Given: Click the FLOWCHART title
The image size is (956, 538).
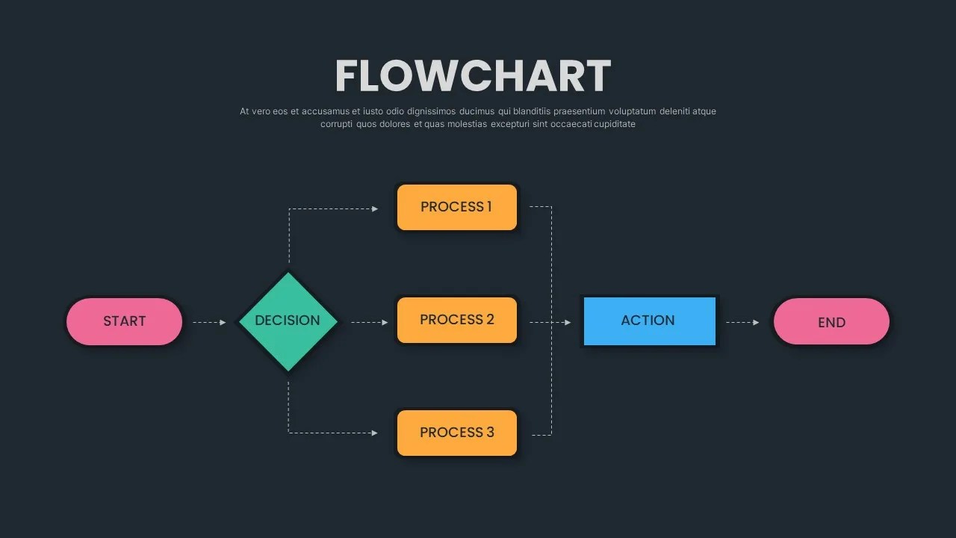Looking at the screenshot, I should [473, 75].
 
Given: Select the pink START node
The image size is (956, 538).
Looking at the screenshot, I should [124, 321].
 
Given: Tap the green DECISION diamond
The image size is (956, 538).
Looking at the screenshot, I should [288, 321].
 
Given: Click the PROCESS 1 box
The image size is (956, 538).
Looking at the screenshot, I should [456, 207].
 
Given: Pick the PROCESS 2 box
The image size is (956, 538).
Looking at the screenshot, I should [456, 320].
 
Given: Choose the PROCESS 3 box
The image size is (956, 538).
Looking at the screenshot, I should [456, 433].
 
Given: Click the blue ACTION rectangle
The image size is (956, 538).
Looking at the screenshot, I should [648, 321].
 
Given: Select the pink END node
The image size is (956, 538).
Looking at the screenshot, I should [831, 322].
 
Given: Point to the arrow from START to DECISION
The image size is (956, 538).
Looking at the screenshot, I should [209, 322].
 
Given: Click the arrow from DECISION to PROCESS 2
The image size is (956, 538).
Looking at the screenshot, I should [369, 322].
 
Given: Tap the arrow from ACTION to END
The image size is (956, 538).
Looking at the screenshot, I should [742, 322].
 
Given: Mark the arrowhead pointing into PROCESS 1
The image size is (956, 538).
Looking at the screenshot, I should [376, 208].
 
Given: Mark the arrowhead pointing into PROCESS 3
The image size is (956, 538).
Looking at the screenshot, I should [376, 433].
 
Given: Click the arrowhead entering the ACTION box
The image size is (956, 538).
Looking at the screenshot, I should [568, 322].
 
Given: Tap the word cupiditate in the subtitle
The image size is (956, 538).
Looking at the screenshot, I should [615, 124].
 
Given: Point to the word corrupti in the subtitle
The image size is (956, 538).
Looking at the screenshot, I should [336, 124].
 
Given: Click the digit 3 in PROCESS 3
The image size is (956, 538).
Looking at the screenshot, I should [490, 432].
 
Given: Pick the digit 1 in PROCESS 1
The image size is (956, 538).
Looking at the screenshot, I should [489, 206].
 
